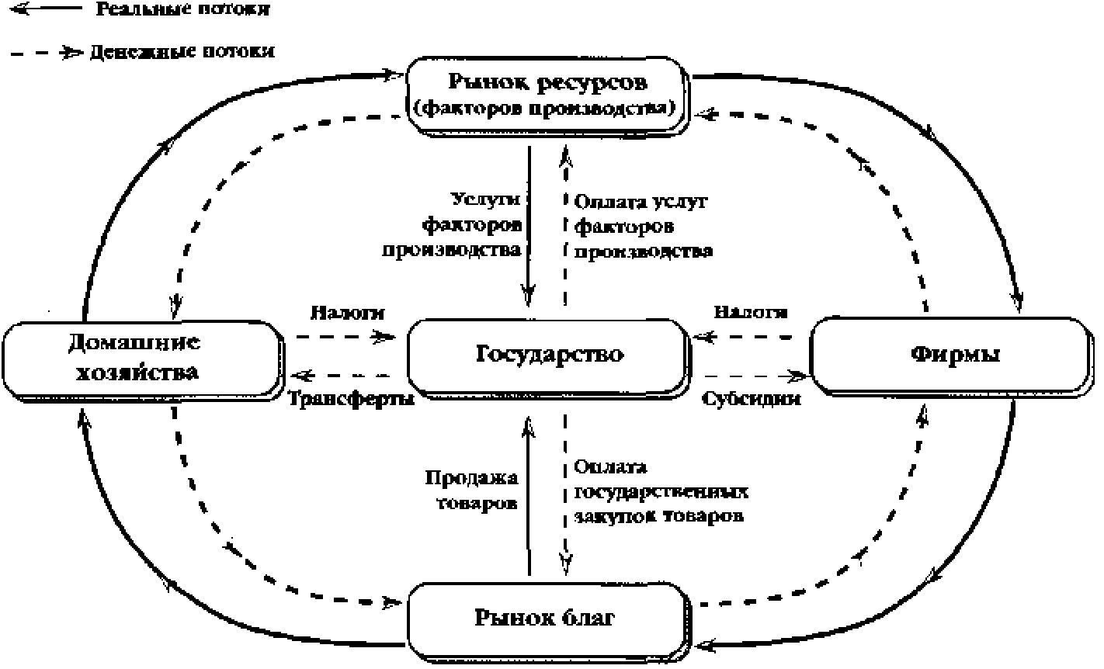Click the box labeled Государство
(548, 355)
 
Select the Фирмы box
(954, 355)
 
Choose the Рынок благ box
(548, 619)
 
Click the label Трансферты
(351, 398)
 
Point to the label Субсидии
(751, 398)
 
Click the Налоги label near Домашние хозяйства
(347, 312)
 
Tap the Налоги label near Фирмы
(751, 312)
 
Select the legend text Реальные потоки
(183, 10)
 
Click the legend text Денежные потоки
(182, 52)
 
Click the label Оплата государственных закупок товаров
(660, 491)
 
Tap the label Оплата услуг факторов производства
(643, 227)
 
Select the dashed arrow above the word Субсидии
(751, 376)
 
